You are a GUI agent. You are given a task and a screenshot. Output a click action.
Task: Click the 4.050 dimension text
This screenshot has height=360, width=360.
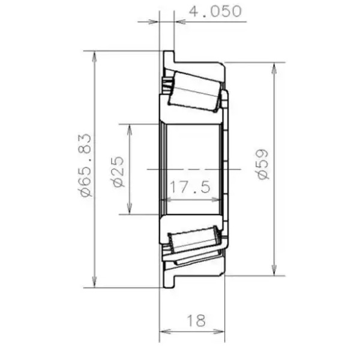tap(215, 11)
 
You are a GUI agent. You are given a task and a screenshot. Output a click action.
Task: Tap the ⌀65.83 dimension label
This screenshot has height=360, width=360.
tap(85, 165)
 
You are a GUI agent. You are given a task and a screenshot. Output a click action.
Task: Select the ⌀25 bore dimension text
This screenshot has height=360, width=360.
tap(118, 172)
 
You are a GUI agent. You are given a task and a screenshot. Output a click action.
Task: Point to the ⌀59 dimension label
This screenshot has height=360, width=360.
tap(262, 164)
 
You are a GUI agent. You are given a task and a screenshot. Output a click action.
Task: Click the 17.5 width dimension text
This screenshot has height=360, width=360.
tap(190, 187)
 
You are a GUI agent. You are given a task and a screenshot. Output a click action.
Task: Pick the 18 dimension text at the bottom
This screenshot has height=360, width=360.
tap(196, 320)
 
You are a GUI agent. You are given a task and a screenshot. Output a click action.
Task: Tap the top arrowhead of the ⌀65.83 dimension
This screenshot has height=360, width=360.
tap(94, 56)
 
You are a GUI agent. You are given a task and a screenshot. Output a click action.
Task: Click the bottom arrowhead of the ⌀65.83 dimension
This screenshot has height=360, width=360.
tap(94, 282)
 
